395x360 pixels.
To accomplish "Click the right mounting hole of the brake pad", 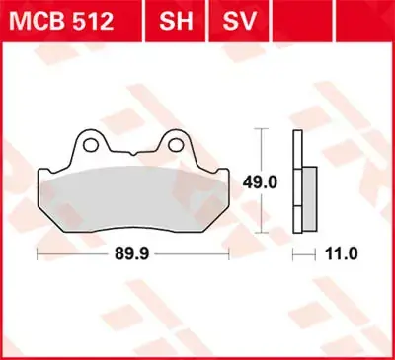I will click(x=178, y=145).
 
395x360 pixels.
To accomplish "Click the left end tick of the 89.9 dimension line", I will click(x=38, y=253).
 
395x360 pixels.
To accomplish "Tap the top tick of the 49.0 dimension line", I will click(x=260, y=130).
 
